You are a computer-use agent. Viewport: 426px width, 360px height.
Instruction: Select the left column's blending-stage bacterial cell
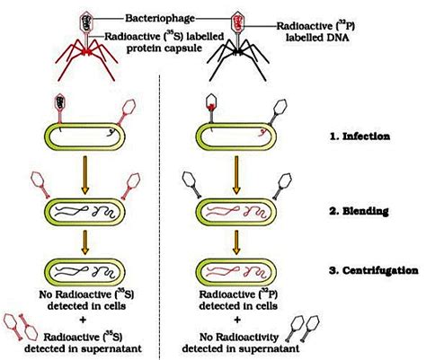click(x=90, y=215)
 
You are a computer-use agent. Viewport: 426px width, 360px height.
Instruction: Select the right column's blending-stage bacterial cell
click(x=237, y=215)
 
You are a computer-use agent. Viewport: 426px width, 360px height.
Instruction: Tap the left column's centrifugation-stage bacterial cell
click(x=90, y=271)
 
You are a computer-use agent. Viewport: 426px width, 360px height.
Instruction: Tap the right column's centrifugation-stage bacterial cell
click(x=237, y=271)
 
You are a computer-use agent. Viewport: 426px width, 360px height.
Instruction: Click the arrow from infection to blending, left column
click(x=90, y=178)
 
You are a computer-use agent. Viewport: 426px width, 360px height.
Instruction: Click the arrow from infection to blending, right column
click(x=237, y=178)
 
